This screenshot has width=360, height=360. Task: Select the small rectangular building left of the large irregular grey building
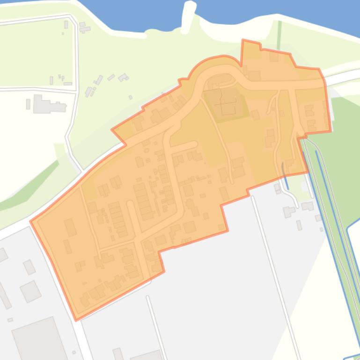28,104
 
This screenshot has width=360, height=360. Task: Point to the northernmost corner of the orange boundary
242,41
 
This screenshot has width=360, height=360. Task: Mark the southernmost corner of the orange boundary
76,320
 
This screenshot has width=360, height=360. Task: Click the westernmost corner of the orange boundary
31,221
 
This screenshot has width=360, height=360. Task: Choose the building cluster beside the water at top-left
84,28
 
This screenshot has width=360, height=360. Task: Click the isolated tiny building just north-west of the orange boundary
131,97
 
